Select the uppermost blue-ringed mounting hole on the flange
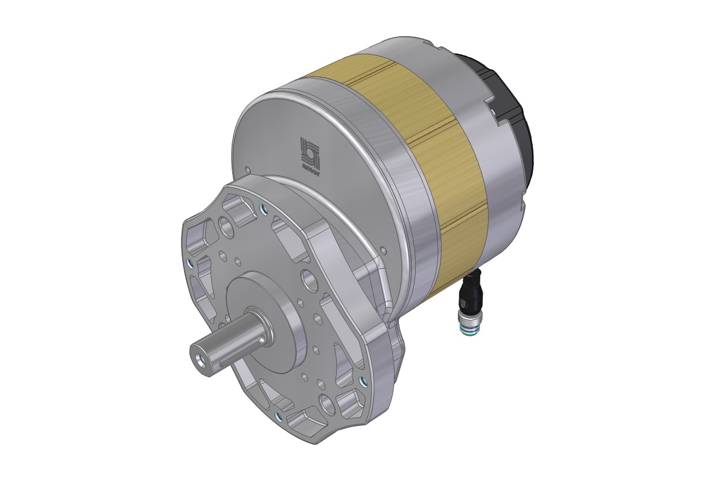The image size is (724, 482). tap(264, 209)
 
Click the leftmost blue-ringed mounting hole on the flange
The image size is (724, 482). tap(191, 263)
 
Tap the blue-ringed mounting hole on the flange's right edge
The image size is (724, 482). tap(361, 380)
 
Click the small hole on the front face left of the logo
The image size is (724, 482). tap(247, 170)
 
